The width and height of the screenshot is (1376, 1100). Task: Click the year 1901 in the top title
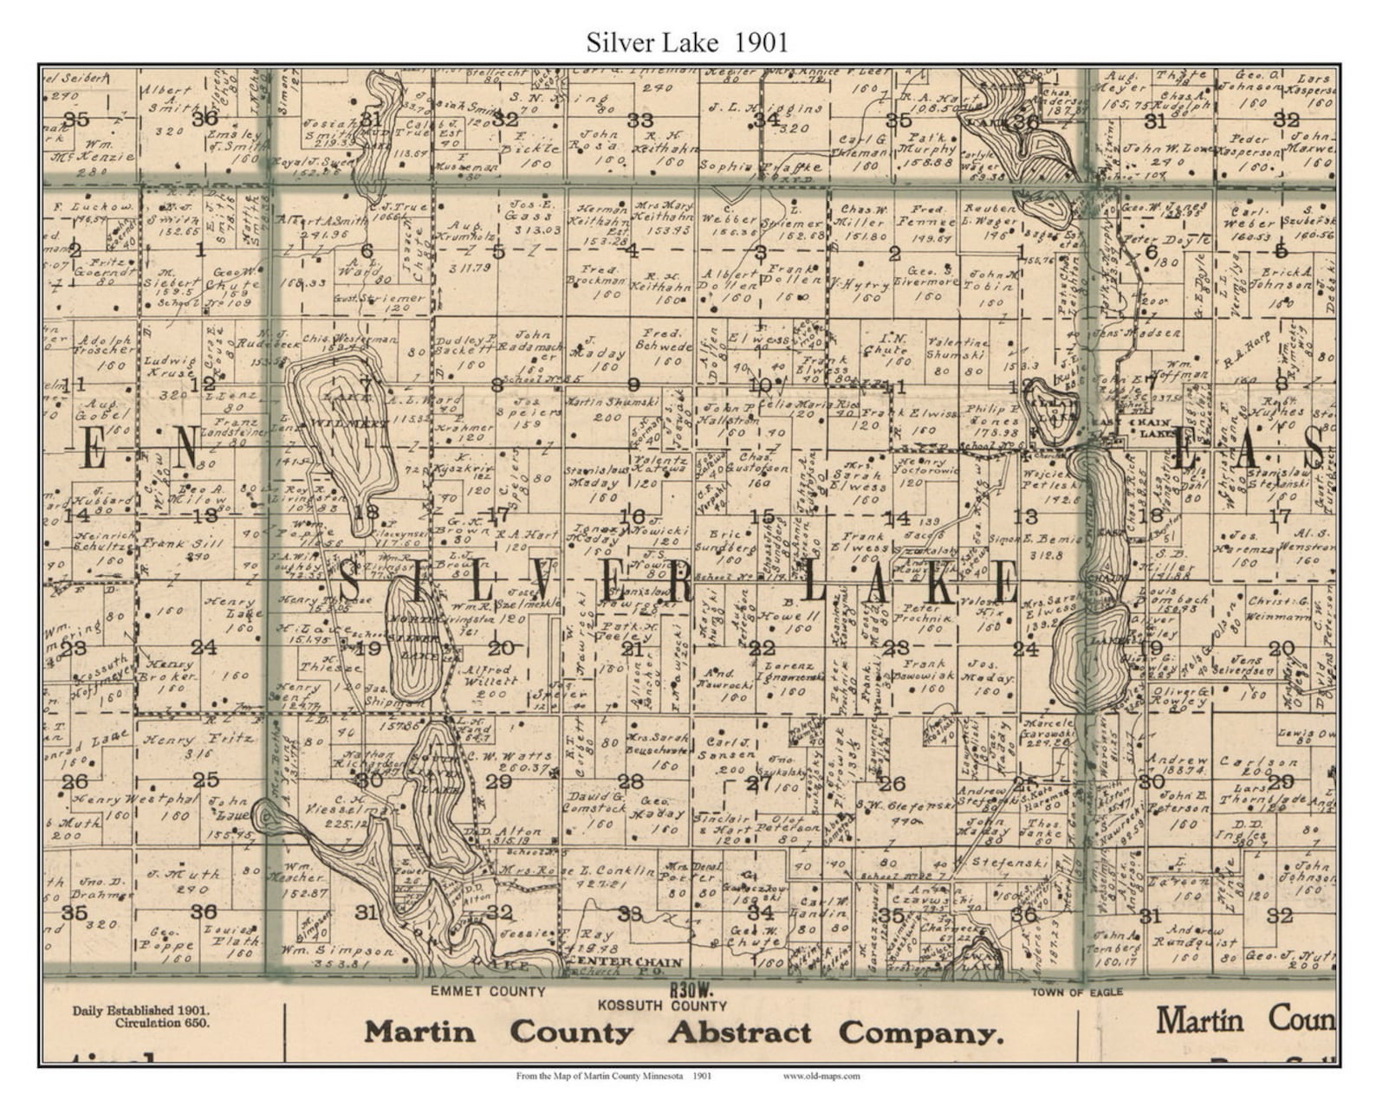pyautogui.click(x=761, y=42)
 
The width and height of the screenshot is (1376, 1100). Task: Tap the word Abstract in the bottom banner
pyautogui.click(x=739, y=1032)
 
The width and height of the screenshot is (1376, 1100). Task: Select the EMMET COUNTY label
pyautogui.click(x=488, y=992)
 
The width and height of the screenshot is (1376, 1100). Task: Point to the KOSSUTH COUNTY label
pyautogui.click(x=662, y=1006)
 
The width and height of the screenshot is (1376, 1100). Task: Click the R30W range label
pyautogui.click(x=690, y=989)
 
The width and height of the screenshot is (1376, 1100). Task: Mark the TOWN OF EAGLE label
pyautogui.click(x=1076, y=992)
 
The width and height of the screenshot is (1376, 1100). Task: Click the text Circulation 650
pyautogui.click(x=161, y=1023)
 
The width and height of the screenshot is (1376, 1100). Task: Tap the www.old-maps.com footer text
pyautogui.click(x=821, y=1077)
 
